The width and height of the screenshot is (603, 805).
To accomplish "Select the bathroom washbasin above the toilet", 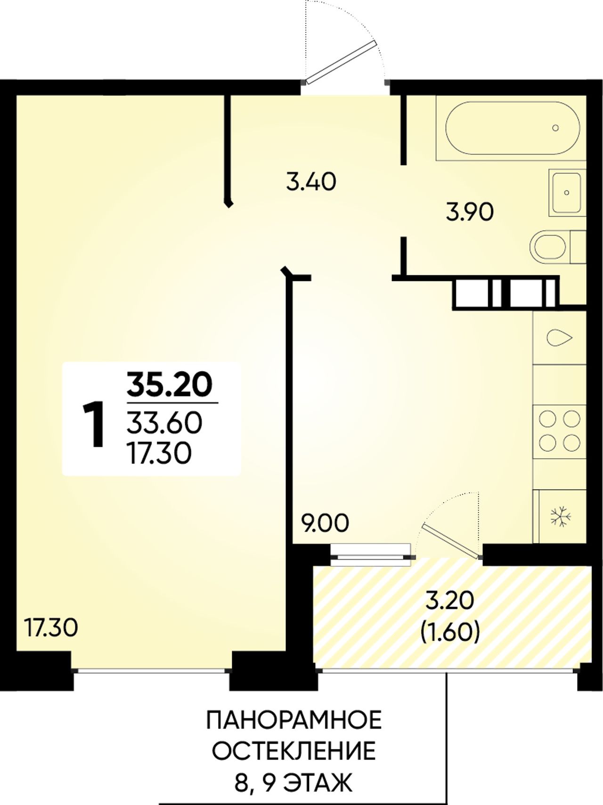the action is pyautogui.click(x=567, y=193).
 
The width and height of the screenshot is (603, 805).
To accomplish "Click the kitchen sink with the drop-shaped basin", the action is pyautogui.click(x=560, y=337).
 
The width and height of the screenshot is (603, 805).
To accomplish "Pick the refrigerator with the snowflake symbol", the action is pyautogui.click(x=560, y=516).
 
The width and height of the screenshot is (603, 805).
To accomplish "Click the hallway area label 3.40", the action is pyautogui.click(x=311, y=182).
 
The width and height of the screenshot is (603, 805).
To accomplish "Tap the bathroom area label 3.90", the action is pyautogui.click(x=470, y=212).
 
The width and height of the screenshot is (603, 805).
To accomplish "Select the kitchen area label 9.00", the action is pyautogui.click(x=326, y=523).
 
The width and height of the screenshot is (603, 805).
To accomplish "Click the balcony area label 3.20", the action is pyautogui.click(x=449, y=601).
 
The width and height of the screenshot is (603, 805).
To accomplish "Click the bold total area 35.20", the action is pyautogui.click(x=170, y=385).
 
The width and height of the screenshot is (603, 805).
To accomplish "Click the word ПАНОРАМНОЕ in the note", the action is pyautogui.click(x=294, y=721).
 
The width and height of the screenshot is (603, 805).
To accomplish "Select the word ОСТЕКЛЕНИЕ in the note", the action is pyautogui.click(x=294, y=752).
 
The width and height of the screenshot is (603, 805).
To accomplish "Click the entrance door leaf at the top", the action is pyautogui.click(x=341, y=62).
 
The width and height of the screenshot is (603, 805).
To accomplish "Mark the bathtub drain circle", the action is pyautogui.click(x=555, y=128).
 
